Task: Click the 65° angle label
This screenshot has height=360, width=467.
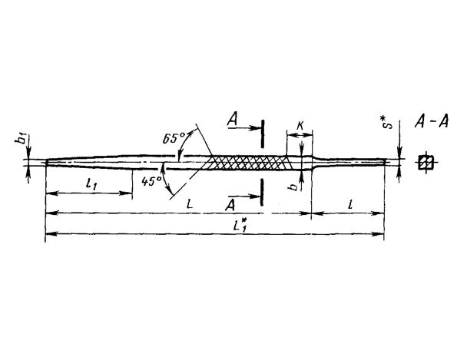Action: pyautogui.click(x=173, y=138)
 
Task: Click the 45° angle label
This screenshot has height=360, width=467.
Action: pyautogui.click(x=151, y=181)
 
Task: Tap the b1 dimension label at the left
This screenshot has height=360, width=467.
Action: pyautogui.click(x=20, y=140)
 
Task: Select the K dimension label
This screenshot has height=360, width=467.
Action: pyautogui.click(x=300, y=126)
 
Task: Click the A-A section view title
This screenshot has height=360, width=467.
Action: pyautogui.click(x=431, y=121)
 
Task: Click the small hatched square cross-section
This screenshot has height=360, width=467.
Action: pyautogui.click(x=426, y=163)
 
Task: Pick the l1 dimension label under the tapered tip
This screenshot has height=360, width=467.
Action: pyautogui.click(x=91, y=184)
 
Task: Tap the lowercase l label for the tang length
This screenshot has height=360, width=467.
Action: pyautogui.click(x=351, y=204)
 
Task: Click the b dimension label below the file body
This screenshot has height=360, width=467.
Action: pyautogui.click(x=294, y=187)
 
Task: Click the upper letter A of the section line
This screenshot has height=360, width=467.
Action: pyautogui.click(x=232, y=121)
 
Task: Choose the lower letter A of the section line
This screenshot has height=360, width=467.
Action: pyautogui.click(x=230, y=205)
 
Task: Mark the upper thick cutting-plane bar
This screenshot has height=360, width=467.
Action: pyautogui.click(x=262, y=134)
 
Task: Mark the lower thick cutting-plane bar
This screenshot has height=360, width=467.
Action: pyautogui.click(x=262, y=192)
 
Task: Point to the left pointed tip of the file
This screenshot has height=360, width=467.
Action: pyautogui.click(x=46, y=162)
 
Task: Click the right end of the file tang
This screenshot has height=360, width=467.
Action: pyautogui.click(x=385, y=161)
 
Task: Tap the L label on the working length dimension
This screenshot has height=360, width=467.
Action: pyautogui.click(x=190, y=204)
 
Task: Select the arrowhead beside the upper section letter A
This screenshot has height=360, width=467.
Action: pyautogui.click(x=257, y=128)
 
